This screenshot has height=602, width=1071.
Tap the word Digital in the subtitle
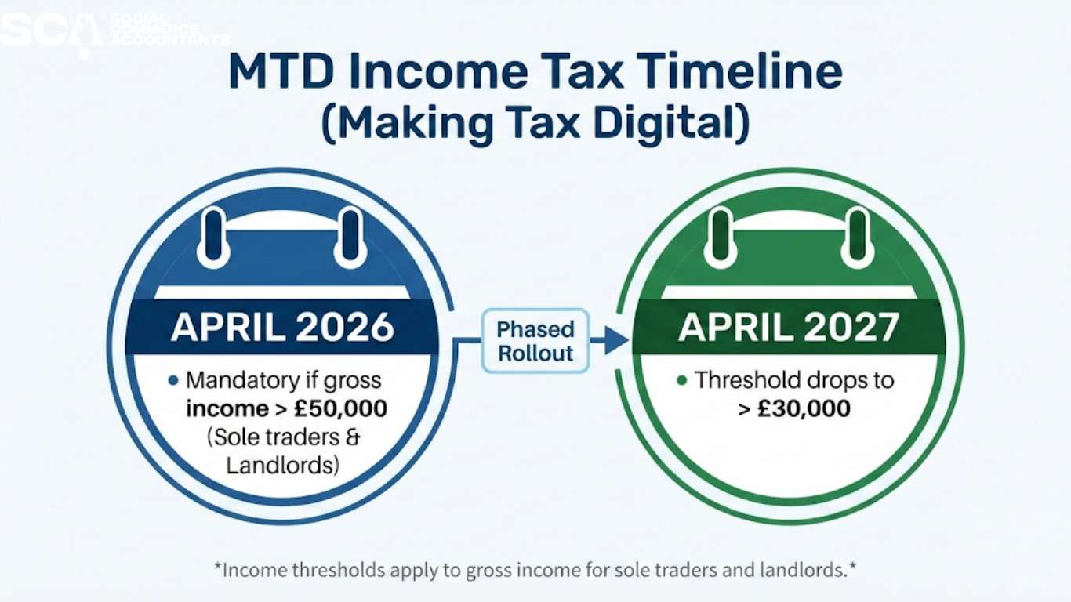click(659, 123)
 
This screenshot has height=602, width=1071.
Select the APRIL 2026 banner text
click(282, 328)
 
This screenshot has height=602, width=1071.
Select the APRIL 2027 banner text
click(789, 328)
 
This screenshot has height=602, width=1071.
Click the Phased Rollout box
click(536, 341)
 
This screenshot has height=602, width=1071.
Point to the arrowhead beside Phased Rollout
click(618, 340)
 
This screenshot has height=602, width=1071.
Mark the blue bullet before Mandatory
click(173, 382)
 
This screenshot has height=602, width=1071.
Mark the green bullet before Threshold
click(681, 382)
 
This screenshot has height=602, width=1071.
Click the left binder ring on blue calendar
click(213, 235)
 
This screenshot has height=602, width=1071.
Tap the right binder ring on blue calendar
click(350, 235)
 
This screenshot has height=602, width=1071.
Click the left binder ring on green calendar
click(721, 235)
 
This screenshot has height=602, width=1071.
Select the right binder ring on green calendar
click(858, 235)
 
